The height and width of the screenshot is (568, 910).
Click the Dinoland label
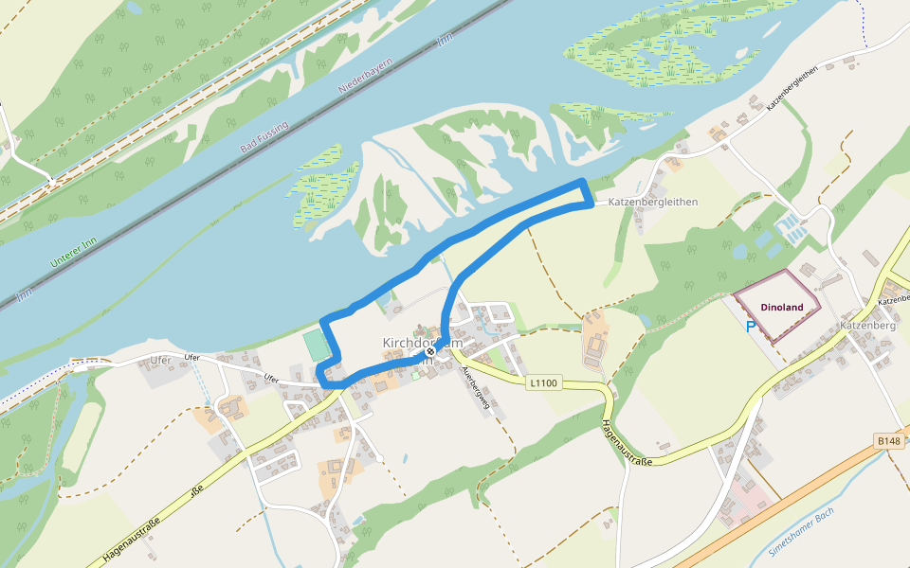781,307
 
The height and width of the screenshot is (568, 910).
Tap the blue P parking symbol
751,328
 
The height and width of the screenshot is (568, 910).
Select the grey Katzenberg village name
867,326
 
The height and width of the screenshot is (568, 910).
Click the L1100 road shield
544,382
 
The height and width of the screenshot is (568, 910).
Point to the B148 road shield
888,441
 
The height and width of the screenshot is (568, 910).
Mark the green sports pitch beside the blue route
318,344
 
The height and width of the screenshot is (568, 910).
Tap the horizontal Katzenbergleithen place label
653,202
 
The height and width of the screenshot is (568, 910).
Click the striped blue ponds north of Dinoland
790,226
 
